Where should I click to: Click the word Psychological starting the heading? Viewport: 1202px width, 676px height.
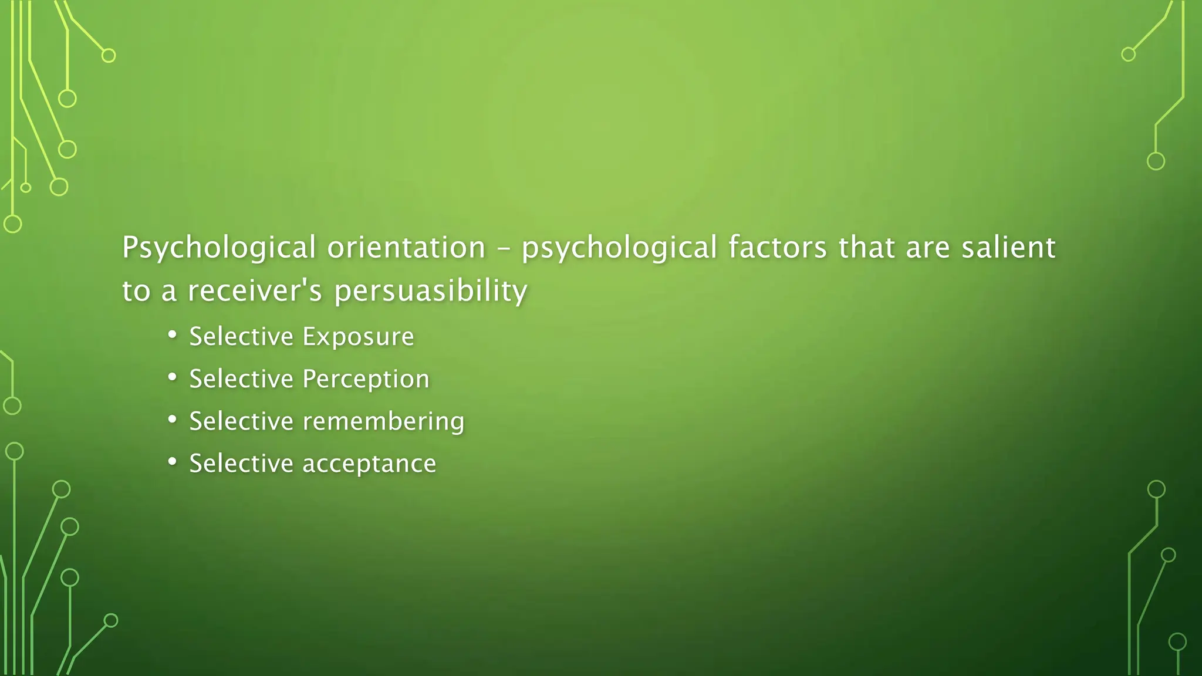[219, 248]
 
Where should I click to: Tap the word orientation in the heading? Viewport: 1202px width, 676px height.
[406, 248]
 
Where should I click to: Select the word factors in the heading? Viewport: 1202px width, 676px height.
[777, 248]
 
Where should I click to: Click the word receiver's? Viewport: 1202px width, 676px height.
[255, 291]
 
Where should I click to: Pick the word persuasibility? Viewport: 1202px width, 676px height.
[431, 291]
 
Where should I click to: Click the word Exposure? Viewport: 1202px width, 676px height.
[358, 337]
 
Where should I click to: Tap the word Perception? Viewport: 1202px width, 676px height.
[366, 379]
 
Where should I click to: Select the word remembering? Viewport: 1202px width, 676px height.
[383, 421]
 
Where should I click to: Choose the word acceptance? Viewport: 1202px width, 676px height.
[369, 464]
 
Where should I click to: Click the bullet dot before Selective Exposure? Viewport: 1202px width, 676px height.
[172, 335]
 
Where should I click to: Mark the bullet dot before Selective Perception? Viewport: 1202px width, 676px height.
[172, 377]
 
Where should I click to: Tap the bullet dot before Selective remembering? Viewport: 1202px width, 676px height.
[172, 420]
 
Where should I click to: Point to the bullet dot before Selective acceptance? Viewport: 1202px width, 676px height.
[172, 462]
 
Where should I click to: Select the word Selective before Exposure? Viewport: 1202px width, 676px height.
[241, 337]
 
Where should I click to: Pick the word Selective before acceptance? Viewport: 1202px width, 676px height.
[241, 464]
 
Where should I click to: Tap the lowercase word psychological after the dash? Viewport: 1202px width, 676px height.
[619, 248]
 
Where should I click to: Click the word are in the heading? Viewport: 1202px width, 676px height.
[927, 248]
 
